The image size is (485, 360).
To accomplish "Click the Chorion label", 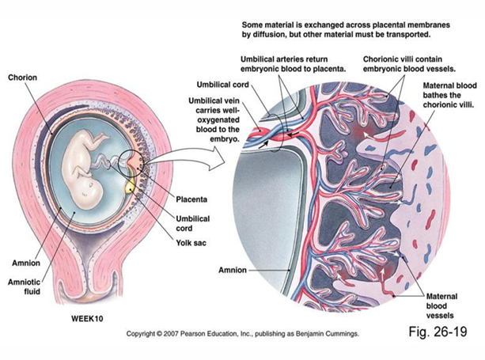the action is pos(22,78).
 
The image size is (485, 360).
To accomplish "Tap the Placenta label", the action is pos(191,199).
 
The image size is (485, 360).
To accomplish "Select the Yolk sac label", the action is pos(191,243).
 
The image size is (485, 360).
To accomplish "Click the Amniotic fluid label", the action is pos(24,286).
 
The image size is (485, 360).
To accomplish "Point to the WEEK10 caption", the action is pos(87,319).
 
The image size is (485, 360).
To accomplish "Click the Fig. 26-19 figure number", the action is pos(438,332).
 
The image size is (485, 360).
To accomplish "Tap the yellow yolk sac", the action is pos(131,186).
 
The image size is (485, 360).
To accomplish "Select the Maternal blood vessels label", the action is pos(441,306).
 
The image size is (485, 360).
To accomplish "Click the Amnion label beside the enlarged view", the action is pos(233,270).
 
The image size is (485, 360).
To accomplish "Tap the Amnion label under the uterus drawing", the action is pos(26,263).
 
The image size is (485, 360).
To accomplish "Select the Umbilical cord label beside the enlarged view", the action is pos(222,85).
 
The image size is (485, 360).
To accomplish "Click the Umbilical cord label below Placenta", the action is pos(193,223).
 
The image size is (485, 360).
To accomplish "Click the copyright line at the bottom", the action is pos(242,334).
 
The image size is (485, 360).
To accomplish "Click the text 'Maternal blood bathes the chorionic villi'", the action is pos(449,95).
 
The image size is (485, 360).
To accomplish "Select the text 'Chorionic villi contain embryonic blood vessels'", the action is pos(409,64).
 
